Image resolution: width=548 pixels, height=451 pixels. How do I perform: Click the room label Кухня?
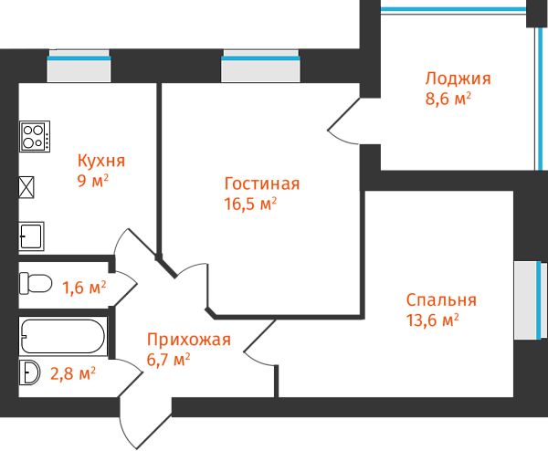point(101,161)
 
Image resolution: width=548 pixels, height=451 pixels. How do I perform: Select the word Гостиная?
point(261,184)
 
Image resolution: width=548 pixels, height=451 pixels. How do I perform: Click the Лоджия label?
point(458,79)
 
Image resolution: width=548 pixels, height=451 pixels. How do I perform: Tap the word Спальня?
point(441,300)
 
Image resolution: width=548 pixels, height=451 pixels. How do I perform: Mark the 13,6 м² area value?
point(431,320)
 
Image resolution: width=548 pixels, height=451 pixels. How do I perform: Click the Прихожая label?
point(189,341)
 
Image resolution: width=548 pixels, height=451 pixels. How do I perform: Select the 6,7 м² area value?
point(168,360)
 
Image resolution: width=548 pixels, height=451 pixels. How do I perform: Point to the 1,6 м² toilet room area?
point(83,288)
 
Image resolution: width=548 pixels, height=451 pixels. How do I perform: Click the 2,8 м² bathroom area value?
point(73,372)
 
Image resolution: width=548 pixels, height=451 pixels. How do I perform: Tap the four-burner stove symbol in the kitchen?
point(35,136)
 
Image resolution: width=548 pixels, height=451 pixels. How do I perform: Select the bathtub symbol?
point(63,337)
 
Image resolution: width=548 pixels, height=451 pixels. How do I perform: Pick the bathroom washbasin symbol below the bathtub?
point(30,372)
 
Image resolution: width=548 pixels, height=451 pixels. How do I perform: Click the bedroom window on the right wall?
point(529,300)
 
